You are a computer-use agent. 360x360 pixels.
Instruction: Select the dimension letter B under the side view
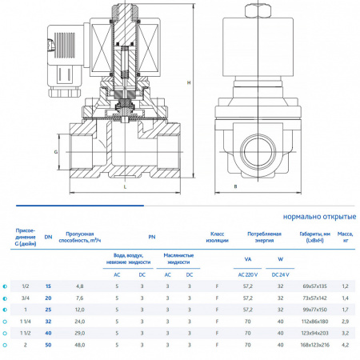click(x=235, y=186)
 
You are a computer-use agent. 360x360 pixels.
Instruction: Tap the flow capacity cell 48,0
click(x=79, y=346)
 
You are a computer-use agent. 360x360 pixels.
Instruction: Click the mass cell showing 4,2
click(x=346, y=346)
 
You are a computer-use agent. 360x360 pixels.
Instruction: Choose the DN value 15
click(x=48, y=286)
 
